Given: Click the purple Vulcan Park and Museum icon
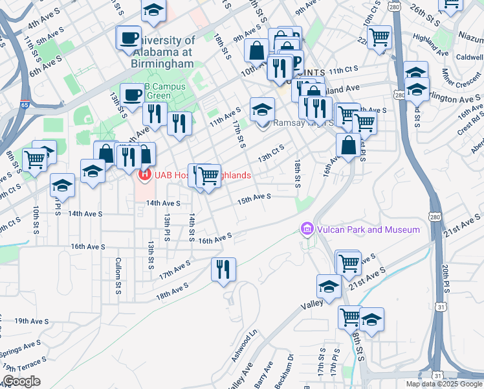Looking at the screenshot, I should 307,230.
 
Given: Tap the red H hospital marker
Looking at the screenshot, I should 146,174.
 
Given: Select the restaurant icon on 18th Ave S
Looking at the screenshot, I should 223,268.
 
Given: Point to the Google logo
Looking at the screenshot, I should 21,381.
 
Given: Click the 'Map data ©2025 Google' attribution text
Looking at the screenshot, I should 443,384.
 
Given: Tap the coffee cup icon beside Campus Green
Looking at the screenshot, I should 133,94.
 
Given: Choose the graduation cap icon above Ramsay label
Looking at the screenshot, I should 262,108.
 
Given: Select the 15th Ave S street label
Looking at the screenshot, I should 254,198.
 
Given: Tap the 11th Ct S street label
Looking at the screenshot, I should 343,69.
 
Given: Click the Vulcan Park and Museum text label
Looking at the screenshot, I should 368,230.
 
